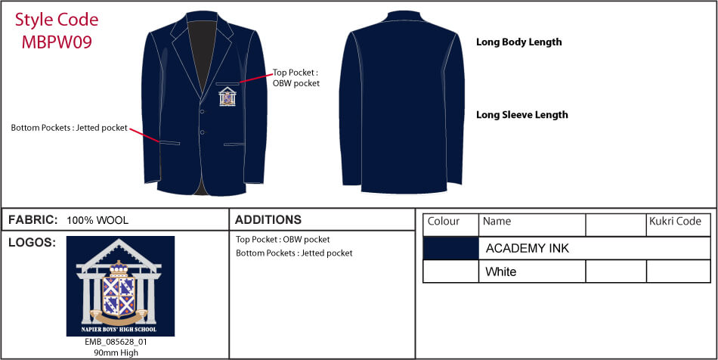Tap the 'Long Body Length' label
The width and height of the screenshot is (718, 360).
click(x=518, y=42)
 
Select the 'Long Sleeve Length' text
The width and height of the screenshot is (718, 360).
click(x=522, y=114)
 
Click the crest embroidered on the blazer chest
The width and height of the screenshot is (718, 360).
click(x=227, y=97)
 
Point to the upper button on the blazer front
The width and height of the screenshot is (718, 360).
click(x=202, y=110)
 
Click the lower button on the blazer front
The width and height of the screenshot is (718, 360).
click(x=202, y=132)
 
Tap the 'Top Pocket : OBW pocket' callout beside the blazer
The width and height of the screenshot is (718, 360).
click(x=296, y=78)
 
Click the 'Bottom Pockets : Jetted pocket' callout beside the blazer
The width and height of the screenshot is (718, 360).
click(x=69, y=128)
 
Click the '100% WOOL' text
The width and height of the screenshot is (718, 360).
click(x=97, y=220)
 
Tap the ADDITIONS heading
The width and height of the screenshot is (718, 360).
click(x=268, y=220)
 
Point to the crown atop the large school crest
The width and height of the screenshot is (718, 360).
click(x=119, y=267)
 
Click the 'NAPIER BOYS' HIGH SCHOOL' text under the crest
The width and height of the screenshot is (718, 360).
click(x=119, y=329)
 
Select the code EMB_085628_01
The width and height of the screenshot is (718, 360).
click(x=116, y=342)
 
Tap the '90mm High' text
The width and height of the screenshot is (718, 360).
click(x=116, y=352)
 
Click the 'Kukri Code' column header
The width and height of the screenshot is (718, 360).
click(x=675, y=222)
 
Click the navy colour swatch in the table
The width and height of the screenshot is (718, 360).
click(x=450, y=248)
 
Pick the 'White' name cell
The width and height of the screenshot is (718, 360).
click(x=531, y=272)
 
